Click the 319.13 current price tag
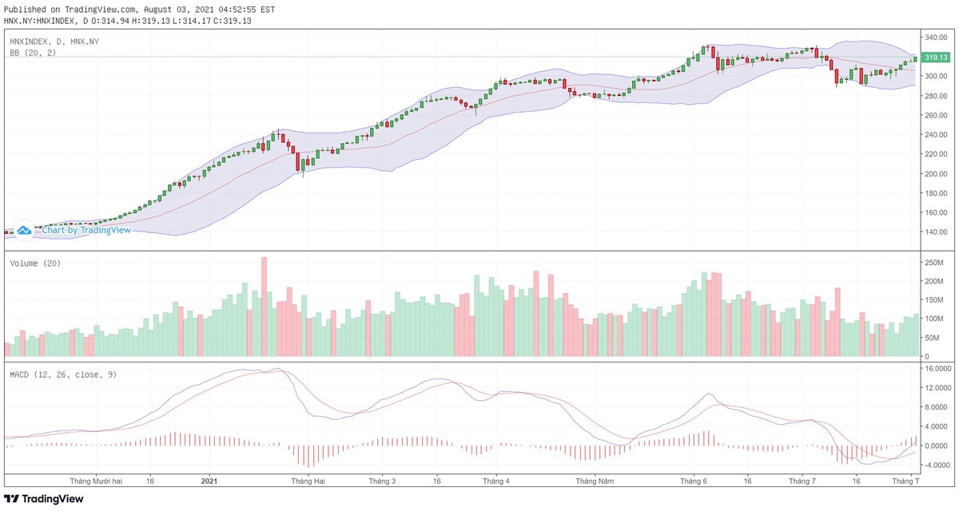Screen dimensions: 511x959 click(936, 57)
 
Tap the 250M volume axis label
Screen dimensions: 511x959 click(934, 263)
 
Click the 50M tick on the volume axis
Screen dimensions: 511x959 click(932, 337)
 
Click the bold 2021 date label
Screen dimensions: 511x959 click(209, 481)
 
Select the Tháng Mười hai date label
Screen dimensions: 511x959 click(96, 481)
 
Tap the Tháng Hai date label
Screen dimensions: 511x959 click(308, 481)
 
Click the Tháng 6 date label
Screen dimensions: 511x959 click(694, 481)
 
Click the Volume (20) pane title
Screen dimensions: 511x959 click(35, 263)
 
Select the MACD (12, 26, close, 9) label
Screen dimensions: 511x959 click(63, 374)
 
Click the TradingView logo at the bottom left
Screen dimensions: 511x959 click(44, 499)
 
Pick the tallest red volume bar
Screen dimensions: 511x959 click(264, 307)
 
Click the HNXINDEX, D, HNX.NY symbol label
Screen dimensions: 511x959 click(54, 41)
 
